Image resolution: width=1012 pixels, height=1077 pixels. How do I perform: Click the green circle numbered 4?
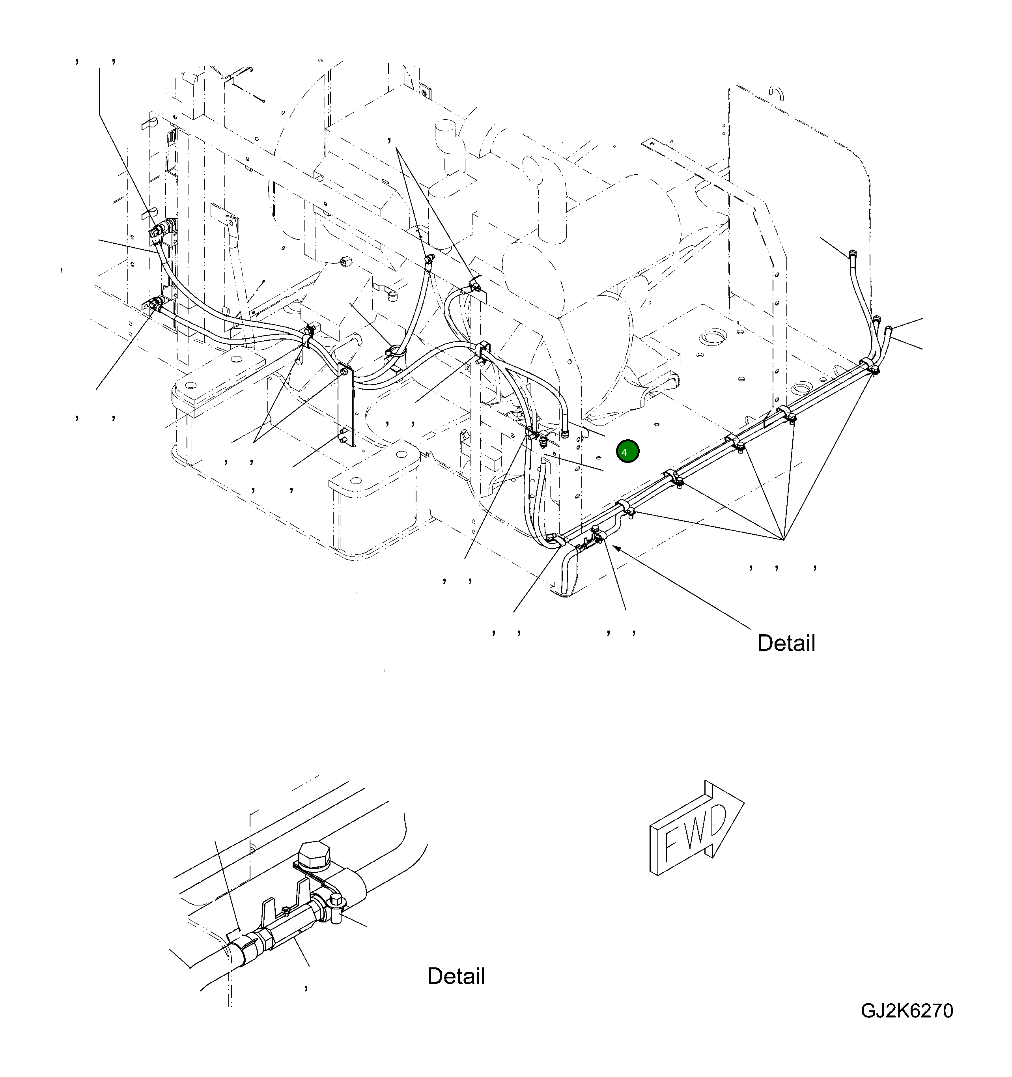click(627, 451)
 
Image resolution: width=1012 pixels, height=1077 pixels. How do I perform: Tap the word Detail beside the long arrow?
click(786, 643)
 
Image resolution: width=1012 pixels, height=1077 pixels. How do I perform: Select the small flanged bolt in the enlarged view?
click(337, 902)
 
